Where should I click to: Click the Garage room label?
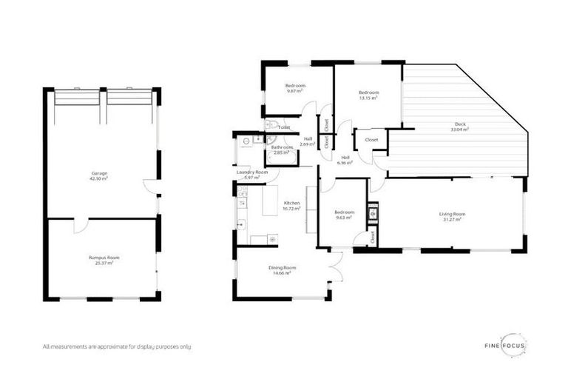[x=99, y=175]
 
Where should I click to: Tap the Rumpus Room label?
[x=104, y=259]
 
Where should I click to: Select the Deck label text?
[x=460, y=126]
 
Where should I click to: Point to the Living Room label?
[x=452, y=216]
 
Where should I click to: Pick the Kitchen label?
[x=291, y=205]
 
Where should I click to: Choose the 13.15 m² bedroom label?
[x=368, y=95]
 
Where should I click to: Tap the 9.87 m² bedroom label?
[x=296, y=89]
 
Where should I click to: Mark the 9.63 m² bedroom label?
[x=344, y=215]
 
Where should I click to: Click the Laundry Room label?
[x=251, y=175]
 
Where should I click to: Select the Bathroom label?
[x=282, y=150]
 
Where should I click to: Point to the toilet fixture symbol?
[x=271, y=126]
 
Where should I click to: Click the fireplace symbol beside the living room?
[x=372, y=213]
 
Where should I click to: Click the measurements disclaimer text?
[x=116, y=346]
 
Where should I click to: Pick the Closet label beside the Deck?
[x=371, y=139]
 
